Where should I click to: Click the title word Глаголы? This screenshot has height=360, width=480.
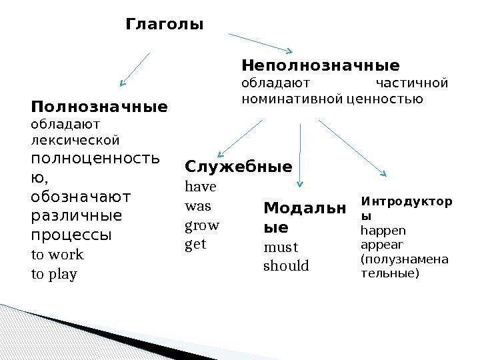tap(164, 25)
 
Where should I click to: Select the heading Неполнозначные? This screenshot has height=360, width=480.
tap(320, 66)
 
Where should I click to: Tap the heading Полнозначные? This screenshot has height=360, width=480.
tap(99, 107)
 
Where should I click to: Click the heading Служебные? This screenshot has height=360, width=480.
tap(238, 167)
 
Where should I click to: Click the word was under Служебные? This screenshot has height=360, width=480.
tap(197, 207)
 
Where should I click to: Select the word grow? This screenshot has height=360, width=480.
tap(201, 225)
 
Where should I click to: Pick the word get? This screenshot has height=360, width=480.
tap(195, 245)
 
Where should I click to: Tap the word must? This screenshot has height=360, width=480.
tap(278, 248)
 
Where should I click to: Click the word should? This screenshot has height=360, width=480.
tap(286, 266)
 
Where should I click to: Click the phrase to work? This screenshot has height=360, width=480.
tap(58, 255)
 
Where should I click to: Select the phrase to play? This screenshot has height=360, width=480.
tap(55, 274)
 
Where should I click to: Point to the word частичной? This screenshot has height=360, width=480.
tap(412, 83)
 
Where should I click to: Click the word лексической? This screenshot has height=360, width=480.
tap(75, 140)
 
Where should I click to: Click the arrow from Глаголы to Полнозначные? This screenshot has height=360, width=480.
tap(135, 69)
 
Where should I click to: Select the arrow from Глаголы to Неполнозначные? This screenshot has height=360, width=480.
tap(261, 42)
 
